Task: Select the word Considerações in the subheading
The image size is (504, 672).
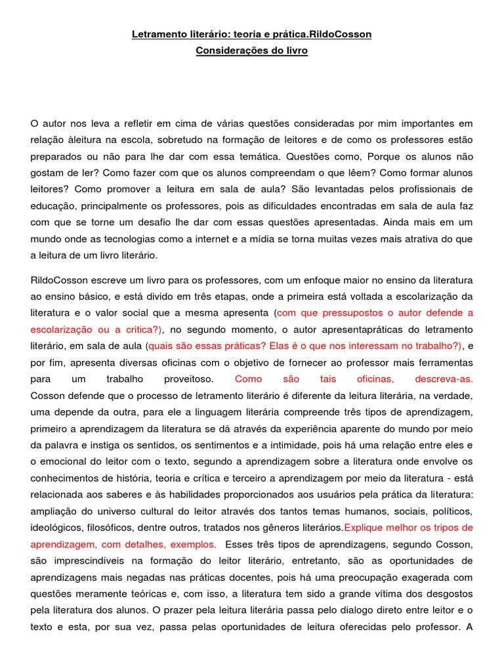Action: point(227,51)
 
